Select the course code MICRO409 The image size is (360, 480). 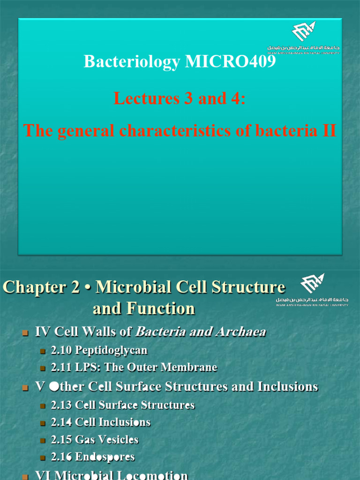pos(231,61)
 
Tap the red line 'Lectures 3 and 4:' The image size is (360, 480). pos(180,98)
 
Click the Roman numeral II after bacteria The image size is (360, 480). pos(327,131)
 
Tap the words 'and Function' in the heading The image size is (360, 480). pos(144,308)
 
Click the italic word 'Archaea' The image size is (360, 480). pos(240,332)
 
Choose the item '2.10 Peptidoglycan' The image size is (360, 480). pos(99,350)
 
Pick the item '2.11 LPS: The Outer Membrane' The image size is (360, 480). pos(134,367)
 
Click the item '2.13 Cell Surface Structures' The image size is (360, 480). pos(122,405)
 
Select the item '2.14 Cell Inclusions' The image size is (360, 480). pos(100,422)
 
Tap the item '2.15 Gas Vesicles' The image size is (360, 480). pos(94,440)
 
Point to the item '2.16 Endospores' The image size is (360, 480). pos(92,457)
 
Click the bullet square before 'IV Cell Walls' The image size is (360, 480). pos(26,333)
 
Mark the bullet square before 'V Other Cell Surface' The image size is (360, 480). pos(26,388)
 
